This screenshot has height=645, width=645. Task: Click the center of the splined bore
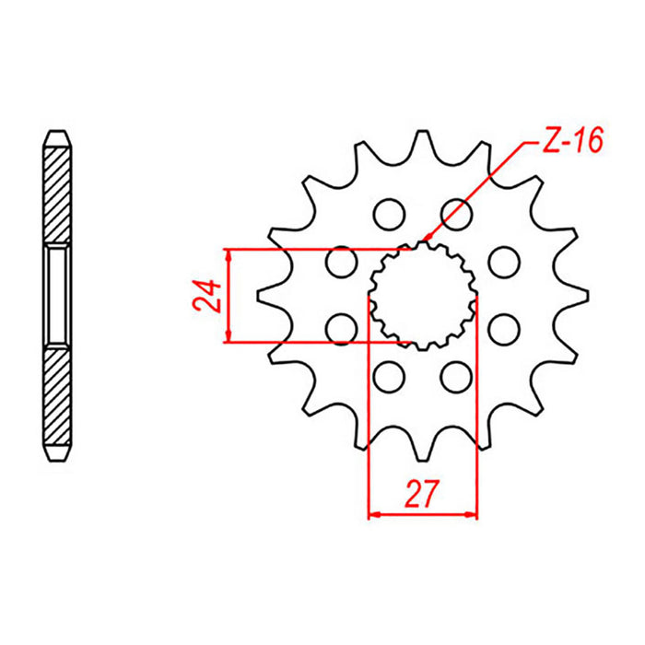(x=423, y=295)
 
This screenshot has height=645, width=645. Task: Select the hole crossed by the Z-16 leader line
(x=455, y=213)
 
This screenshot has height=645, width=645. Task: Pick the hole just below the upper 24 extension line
(x=342, y=263)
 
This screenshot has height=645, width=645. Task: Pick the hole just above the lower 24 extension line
(x=342, y=326)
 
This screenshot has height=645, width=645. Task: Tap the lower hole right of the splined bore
(x=503, y=327)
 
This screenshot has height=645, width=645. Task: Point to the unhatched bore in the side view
(x=57, y=295)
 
